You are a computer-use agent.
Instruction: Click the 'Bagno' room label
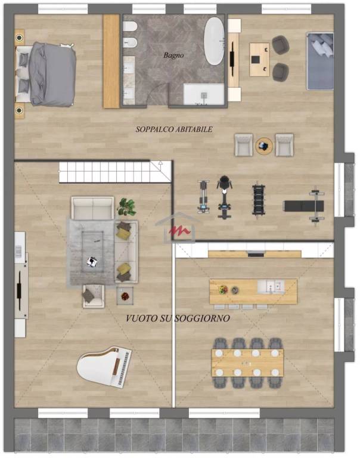tap(173, 55)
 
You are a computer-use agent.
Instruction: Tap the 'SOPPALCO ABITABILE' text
tap(174, 129)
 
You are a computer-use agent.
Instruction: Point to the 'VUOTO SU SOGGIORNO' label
tap(178, 318)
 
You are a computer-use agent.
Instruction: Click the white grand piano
tap(104, 366)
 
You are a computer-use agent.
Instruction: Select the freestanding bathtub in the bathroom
tap(215, 41)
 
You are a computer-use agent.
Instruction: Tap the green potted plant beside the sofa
tap(126, 207)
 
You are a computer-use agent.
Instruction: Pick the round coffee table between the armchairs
tap(264, 146)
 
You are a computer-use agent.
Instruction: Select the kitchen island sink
tap(271, 286)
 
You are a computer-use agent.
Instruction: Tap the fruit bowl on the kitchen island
tap(224, 289)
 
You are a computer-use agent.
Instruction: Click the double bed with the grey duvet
tap(46, 74)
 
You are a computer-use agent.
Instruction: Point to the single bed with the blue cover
tap(320, 61)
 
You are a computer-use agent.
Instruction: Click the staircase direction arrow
tap(160, 163)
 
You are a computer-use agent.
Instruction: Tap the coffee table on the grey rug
tap(92, 252)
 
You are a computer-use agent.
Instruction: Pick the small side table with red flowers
tap(125, 296)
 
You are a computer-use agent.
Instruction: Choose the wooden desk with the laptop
tap(259, 60)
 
